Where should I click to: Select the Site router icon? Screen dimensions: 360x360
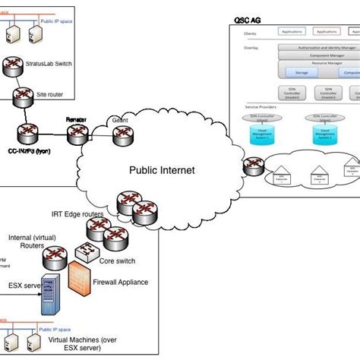pyautogui.click(x=21, y=95)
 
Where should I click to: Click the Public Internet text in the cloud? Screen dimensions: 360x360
pyautogui.click(x=161, y=170)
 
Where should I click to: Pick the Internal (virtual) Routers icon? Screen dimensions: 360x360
pyautogui.click(x=62, y=243)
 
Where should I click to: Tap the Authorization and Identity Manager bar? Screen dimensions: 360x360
pyautogui.click(x=319, y=48)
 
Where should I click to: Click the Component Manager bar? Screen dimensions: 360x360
pyautogui.click(x=319, y=55)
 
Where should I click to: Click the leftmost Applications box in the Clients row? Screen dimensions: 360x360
pyautogui.click(x=293, y=32)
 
